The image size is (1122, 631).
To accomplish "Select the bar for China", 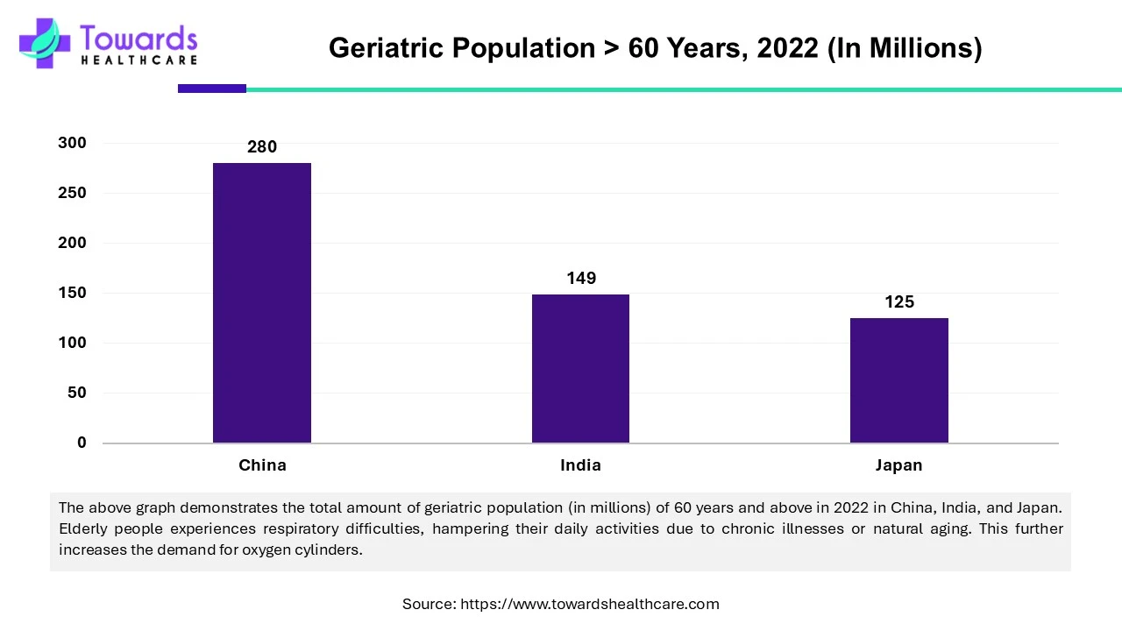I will coord(262,302).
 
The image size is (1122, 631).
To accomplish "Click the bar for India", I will coord(580,368).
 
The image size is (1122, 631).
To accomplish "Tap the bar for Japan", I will coord(899,380).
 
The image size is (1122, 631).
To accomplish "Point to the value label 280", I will coord(262,147).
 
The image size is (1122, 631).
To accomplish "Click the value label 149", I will coord(581,279).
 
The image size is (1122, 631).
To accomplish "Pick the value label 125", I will coord(899,302).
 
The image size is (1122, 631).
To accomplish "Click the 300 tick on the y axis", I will coord(73,143).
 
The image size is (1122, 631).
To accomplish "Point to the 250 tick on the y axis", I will coord(73,193).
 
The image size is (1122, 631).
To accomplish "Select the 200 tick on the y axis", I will coord(73,243).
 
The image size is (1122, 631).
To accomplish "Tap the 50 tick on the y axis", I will coord(77,393).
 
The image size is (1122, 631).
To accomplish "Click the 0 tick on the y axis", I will coord(82,443).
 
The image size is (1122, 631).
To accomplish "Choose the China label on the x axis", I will coord(262,465).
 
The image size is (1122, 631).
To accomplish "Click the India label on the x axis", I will coord(580,465).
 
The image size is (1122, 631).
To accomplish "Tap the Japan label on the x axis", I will coord(898,465).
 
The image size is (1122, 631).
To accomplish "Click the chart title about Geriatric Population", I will coord(655,48).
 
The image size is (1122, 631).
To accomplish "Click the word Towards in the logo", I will coord(138,39).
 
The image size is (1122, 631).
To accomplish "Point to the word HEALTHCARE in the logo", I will coord(138,60).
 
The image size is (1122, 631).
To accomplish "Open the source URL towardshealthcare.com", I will coord(589,604).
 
